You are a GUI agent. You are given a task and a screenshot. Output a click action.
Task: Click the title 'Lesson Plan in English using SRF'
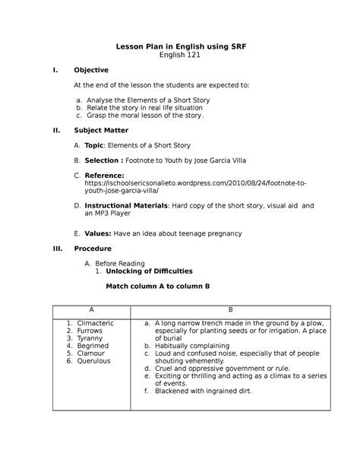(180, 46)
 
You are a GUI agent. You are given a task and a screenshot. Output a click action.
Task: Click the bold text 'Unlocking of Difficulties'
(149, 271)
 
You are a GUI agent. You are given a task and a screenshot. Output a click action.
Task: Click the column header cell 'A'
(91, 310)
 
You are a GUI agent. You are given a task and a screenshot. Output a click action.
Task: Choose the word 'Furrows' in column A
(88, 331)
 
